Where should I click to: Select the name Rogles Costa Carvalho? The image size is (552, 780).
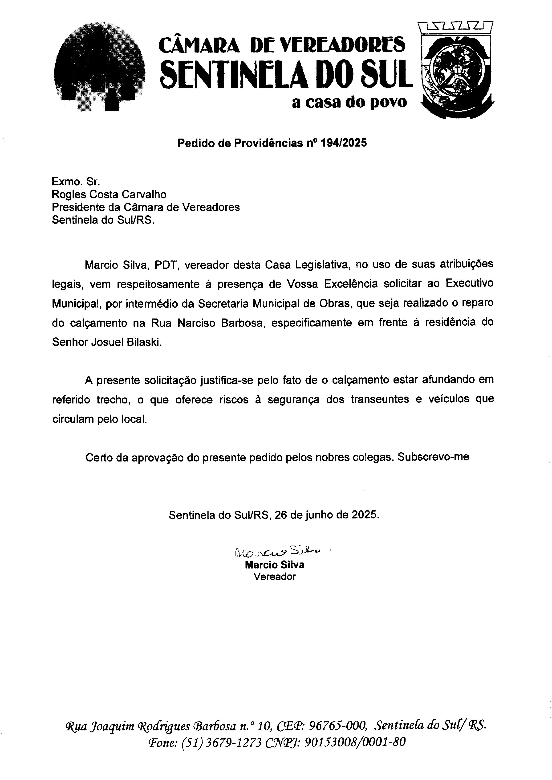pos(109,195)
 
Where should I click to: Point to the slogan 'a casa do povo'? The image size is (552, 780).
pos(349,102)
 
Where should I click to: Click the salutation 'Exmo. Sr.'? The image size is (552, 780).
pos(76,182)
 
